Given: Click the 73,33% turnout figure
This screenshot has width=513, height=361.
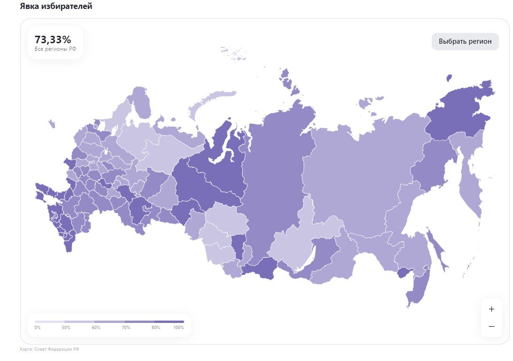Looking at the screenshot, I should [x=53, y=39].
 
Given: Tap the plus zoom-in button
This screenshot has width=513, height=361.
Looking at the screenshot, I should [x=491, y=309].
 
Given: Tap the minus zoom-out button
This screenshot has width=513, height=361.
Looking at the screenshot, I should [x=491, y=326].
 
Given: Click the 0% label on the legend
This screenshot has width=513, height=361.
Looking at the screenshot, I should [x=38, y=328].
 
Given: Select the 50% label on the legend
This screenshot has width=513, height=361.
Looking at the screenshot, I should [x=66, y=328].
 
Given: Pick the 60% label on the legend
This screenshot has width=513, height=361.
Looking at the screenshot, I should [x=96, y=328].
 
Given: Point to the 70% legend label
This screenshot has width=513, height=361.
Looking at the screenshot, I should [x=126, y=328].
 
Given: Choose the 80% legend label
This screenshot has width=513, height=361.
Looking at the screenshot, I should [x=156, y=328].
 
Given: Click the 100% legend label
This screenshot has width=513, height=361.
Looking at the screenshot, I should [x=179, y=328].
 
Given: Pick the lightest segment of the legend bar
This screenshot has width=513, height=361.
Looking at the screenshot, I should [x=49, y=322].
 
